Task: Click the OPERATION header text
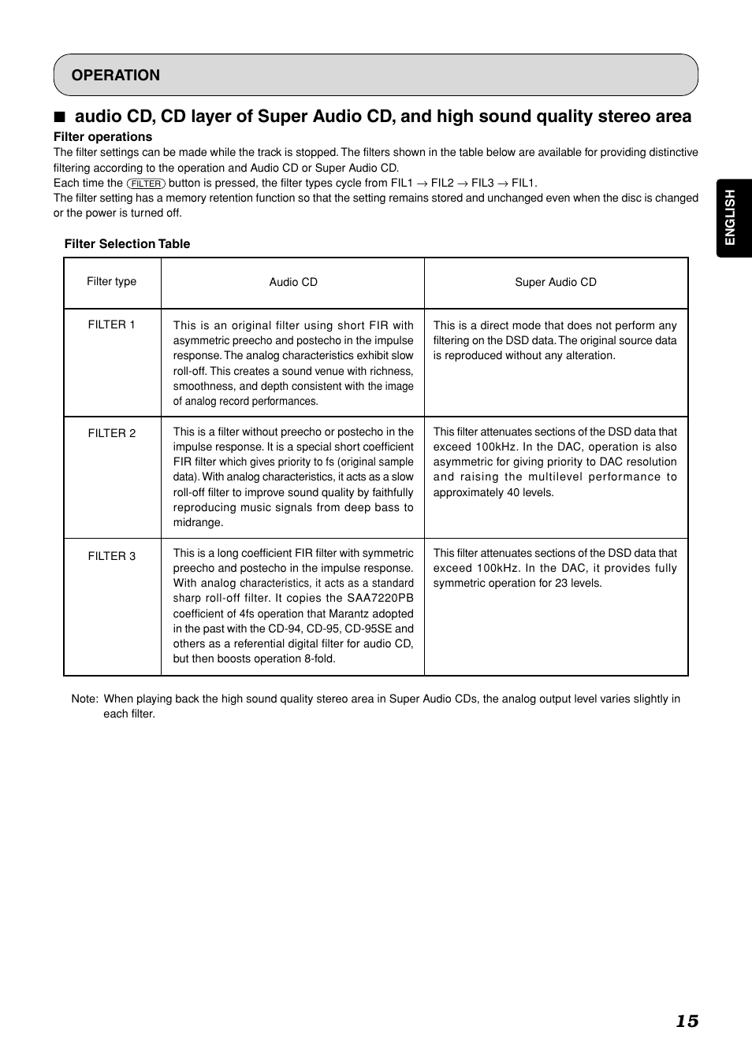coord(115,76)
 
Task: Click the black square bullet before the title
coord(59,117)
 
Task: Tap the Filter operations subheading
coord(102,137)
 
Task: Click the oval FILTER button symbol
coord(146,184)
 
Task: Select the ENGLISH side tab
coord(731,217)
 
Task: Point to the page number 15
coord(687,1021)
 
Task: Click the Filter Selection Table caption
coord(127,244)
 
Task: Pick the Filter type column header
coord(111,282)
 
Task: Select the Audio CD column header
coord(293,282)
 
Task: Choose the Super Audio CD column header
coord(556,282)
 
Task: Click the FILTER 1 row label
coord(111,324)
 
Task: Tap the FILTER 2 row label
coord(111,433)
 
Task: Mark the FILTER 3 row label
coord(111,556)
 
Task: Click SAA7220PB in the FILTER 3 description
coord(380,599)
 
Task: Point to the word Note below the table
coord(84,699)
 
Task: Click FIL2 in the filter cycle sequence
coord(442,184)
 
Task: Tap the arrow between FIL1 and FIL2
coord(422,184)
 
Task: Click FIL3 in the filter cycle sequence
coord(482,184)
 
